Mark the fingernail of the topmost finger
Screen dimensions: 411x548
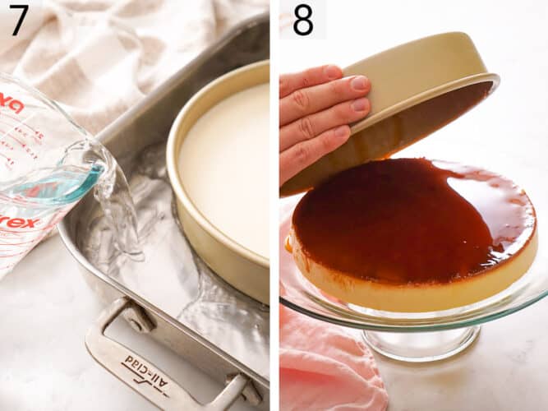[360, 83]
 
